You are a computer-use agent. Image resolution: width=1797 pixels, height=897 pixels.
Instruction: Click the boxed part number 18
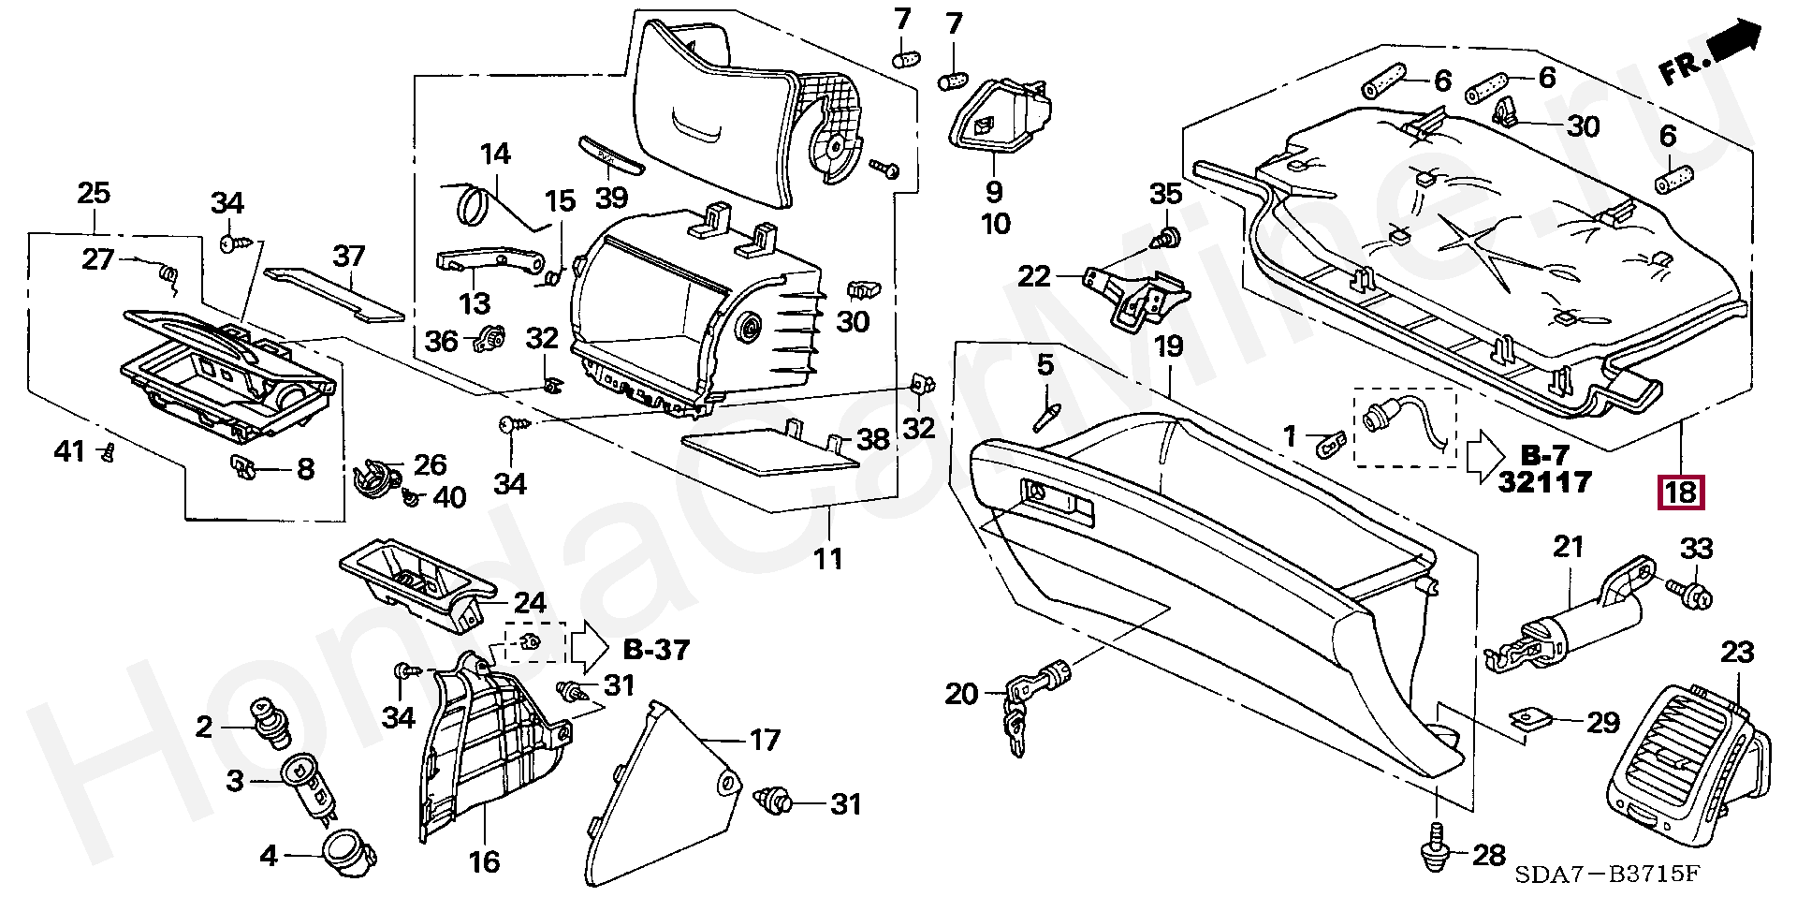[x=1681, y=493]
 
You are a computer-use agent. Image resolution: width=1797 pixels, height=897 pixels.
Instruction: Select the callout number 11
[x=827, y=559]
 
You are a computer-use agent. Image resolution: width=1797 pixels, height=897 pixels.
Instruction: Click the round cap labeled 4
[x=348, y=854]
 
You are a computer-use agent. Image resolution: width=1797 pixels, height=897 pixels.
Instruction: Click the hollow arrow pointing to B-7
[x=1483, y=458]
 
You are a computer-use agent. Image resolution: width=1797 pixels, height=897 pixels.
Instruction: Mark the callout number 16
[x=484, y=861]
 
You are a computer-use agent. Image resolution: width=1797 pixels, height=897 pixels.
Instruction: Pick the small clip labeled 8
[x=247, y=463]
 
